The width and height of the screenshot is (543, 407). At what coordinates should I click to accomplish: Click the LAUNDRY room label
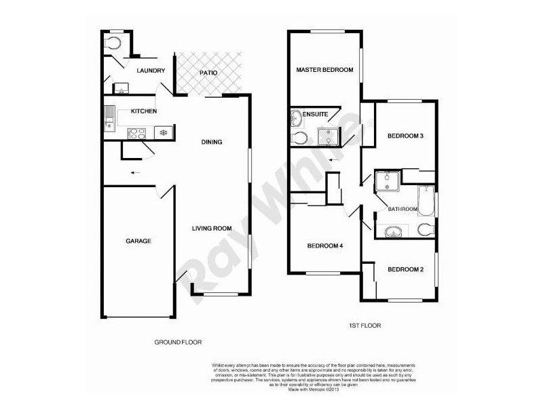click(151, 71)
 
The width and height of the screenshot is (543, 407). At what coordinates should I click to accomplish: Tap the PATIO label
click(208, 73)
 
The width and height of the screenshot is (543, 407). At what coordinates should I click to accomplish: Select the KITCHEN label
click(144, 111)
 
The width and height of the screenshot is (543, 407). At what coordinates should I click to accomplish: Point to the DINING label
click(212, 142)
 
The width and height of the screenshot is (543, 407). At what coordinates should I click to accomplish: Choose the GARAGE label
click(138, 241)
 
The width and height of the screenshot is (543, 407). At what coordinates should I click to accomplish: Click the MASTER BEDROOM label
click(324, 70)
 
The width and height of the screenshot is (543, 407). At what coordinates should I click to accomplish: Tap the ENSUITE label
click(316, 114)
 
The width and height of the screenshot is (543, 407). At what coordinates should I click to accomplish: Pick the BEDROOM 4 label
click(324, 246)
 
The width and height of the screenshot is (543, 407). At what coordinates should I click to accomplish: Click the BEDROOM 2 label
click(405, 269)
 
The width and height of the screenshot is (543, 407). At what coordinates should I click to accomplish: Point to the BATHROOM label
click(402, 209)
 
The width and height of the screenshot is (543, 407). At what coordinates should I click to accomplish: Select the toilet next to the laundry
click(113, 43)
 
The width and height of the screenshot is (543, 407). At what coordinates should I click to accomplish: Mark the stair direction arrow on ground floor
click(136, 173)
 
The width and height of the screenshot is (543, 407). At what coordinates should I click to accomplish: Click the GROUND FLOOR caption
click(178, 342)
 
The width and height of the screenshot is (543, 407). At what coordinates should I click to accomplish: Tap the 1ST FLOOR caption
click(364, 326)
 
